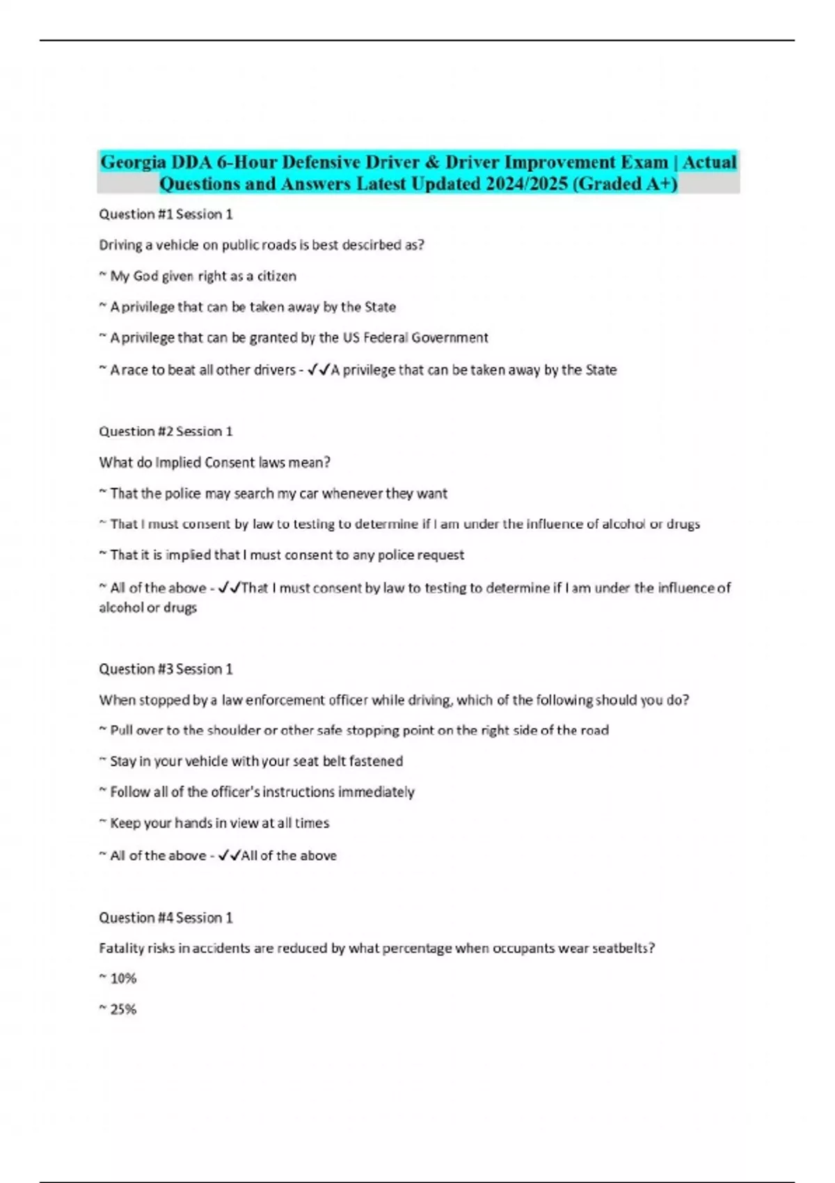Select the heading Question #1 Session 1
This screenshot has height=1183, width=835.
pyautogui.click(x=166, y=214)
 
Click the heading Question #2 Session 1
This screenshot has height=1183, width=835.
pyautogui.click(x=166, y=431)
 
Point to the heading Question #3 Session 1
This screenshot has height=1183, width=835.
pyautogui.click(x=166, y=669)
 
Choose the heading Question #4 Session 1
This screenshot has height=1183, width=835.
pyautogui.click(x=166, y=918)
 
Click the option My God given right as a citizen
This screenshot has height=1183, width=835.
pyautogui.click(x=202, y=276)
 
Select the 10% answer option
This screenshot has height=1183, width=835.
pyautogui.click(x=122, y=979)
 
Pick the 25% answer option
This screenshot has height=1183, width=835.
pyautogui.click(x=122, y=1010)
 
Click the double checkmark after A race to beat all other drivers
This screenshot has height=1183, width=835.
pyautogui.click(x=318, y=370)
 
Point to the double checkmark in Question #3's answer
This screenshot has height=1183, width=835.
pyautogui.click(x=229, y=855)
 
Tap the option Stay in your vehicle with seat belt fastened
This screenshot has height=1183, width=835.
pyautogui.click(x=256, y=761)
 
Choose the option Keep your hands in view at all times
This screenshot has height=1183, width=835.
pyautogui.click(x=219, y=823)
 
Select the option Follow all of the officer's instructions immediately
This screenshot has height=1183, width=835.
pyautogui.click(x=262, y=792)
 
